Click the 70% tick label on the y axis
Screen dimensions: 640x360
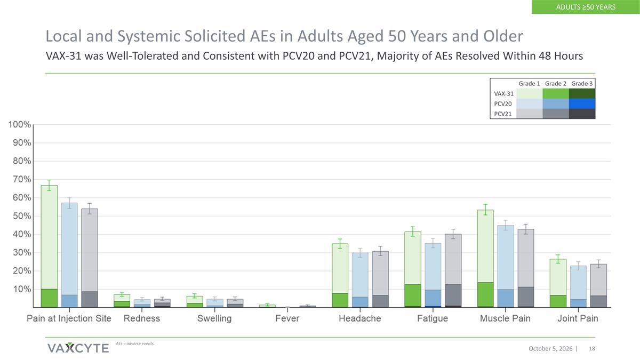click(22, 179)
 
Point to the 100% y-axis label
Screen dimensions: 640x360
click(19, 125)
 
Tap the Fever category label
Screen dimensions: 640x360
click(287, 318)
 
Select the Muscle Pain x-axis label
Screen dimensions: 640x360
click(505, 318)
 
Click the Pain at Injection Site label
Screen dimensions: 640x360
click(69, 318)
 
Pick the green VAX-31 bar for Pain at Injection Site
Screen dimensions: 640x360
click(49, 246)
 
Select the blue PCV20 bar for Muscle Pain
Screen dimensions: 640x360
click(506, 266)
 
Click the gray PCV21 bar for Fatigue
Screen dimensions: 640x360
click(453, 270)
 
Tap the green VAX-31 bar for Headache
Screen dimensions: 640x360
click(340, 275)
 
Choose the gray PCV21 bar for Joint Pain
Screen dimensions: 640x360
click(598, 286)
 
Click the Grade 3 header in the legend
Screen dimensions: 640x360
click(582, 84)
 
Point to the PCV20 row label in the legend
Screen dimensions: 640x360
click(503, 103)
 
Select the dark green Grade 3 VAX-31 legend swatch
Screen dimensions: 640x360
click(582, 94)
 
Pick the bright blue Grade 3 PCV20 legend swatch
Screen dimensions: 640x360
click(582, 103)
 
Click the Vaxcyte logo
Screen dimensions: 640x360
click(78, 348)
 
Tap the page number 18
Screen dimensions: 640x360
click(592, 349)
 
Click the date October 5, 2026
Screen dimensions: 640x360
click(550, 349)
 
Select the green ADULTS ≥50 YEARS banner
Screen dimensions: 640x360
click(586, 7)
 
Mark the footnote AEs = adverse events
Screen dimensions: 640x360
click(135, 343)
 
